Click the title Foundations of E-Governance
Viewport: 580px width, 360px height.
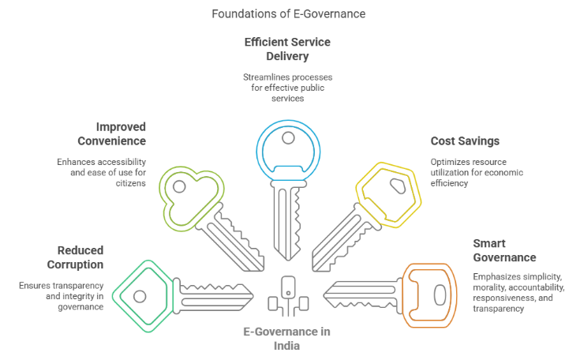pos(289,13)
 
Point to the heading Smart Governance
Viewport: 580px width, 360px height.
pos(504,250)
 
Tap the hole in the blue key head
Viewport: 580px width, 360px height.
pos(289,137)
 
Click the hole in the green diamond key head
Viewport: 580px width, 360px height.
pos(140,296)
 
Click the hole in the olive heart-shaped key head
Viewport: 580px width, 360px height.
pos(180,187)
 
